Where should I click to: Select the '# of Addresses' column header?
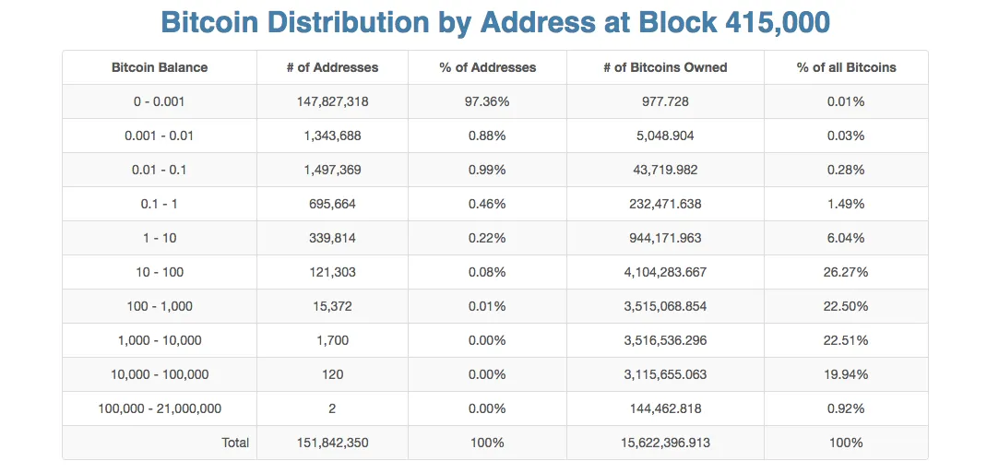click(x=332, y=67)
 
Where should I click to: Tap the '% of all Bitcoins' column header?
click(x=846, y=67)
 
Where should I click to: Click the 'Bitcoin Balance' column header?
click(x=160, y=67)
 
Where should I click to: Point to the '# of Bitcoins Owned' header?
click(x=665, y=67)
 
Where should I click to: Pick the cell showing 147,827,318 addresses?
click(x=332, y=101)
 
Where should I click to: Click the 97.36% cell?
click(x=486, y=101)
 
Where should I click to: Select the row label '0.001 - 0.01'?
click(x=160, y=136)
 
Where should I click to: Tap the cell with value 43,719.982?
click(x=665, y=170)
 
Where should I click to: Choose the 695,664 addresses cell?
click(x=332, y=204)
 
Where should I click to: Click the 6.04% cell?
click(x=846, y=238)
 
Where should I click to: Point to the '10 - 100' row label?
click(x=160, y=272)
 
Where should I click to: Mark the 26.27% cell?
click(x=846, y=272)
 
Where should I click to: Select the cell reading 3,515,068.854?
click(x=665, y=306)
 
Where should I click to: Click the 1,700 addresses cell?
click(x=332, y=340)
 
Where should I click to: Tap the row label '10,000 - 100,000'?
click(x=160, y=374)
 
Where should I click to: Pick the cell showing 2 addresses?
click(x=332, y=408)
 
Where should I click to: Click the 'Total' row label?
click(x=235, y=443)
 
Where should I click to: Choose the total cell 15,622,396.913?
click(x=665, y=443)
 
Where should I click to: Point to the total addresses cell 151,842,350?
click(x=332, y=443)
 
